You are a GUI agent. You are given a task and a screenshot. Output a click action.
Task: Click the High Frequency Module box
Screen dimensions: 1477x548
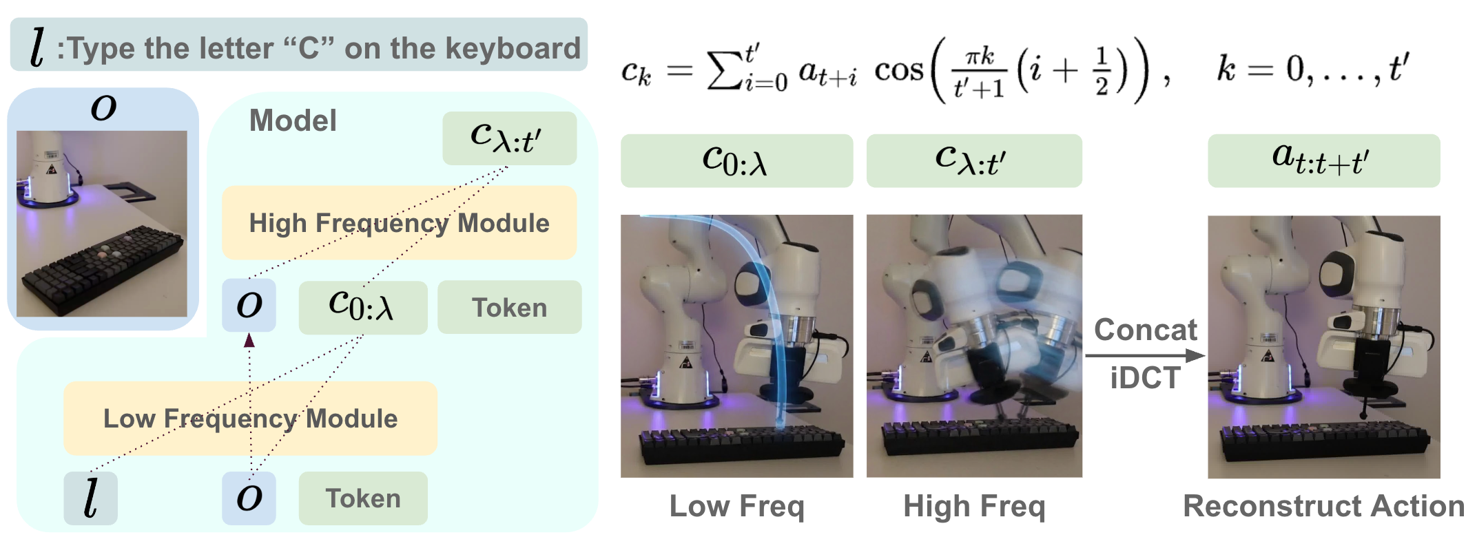[399, 222]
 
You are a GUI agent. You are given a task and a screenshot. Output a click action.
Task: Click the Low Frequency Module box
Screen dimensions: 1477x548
[250, 418]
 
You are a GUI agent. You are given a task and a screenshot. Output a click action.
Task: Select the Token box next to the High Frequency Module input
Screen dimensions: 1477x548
[509, 307]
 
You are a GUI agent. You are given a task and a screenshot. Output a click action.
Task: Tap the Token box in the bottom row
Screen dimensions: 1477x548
[363, 498]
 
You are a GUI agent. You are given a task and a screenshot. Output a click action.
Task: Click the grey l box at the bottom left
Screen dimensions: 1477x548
[90, 498]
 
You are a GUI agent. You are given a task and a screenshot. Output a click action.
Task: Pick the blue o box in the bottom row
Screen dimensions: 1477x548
[249, 498]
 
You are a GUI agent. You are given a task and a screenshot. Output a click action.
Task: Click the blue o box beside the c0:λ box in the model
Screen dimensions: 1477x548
[249, 305]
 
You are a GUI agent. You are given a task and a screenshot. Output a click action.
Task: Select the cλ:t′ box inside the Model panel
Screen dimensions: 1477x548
[509, 138]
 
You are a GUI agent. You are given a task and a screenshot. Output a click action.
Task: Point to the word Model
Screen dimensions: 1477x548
[293, 120]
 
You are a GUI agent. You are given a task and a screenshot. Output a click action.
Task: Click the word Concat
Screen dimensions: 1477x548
[1146, 330]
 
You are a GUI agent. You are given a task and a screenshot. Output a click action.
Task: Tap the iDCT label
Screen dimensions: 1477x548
[1145, 378]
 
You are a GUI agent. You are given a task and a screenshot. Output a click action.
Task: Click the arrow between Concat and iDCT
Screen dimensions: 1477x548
[1145, 355]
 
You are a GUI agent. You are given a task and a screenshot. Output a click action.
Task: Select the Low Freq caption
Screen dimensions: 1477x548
[736, 507]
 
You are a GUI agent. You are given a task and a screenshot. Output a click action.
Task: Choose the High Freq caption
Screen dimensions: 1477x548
[974, 507]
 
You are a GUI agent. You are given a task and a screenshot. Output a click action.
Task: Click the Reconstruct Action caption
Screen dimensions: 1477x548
[1323, 506]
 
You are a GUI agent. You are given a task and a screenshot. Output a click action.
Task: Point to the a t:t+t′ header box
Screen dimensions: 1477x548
[1323, 160]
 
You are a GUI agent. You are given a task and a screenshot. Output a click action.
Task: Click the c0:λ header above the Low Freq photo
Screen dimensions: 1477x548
[736, 160]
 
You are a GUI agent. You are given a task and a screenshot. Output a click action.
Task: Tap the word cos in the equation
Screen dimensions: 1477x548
[898, 70]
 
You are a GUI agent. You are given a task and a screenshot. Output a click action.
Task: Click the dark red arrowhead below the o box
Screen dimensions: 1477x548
[249, 339]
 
